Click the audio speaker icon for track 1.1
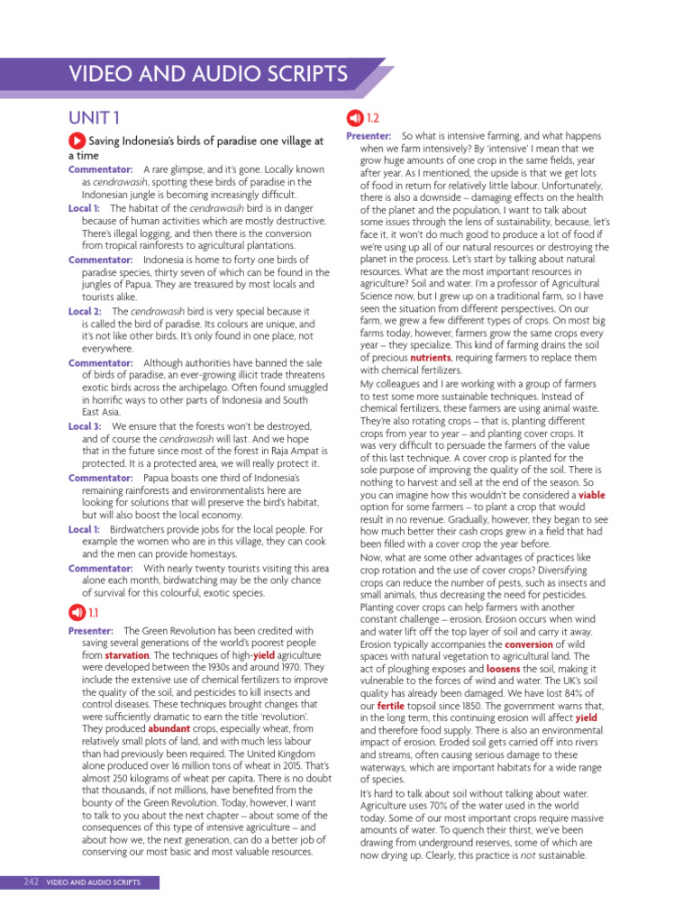[77, 613]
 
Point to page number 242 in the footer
[31, 882]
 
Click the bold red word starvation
[125, 655]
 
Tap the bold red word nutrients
[430, 358]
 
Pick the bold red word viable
[591, 495]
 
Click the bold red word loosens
[503, 670]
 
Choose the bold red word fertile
[391, 705]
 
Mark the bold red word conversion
[528, 645]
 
